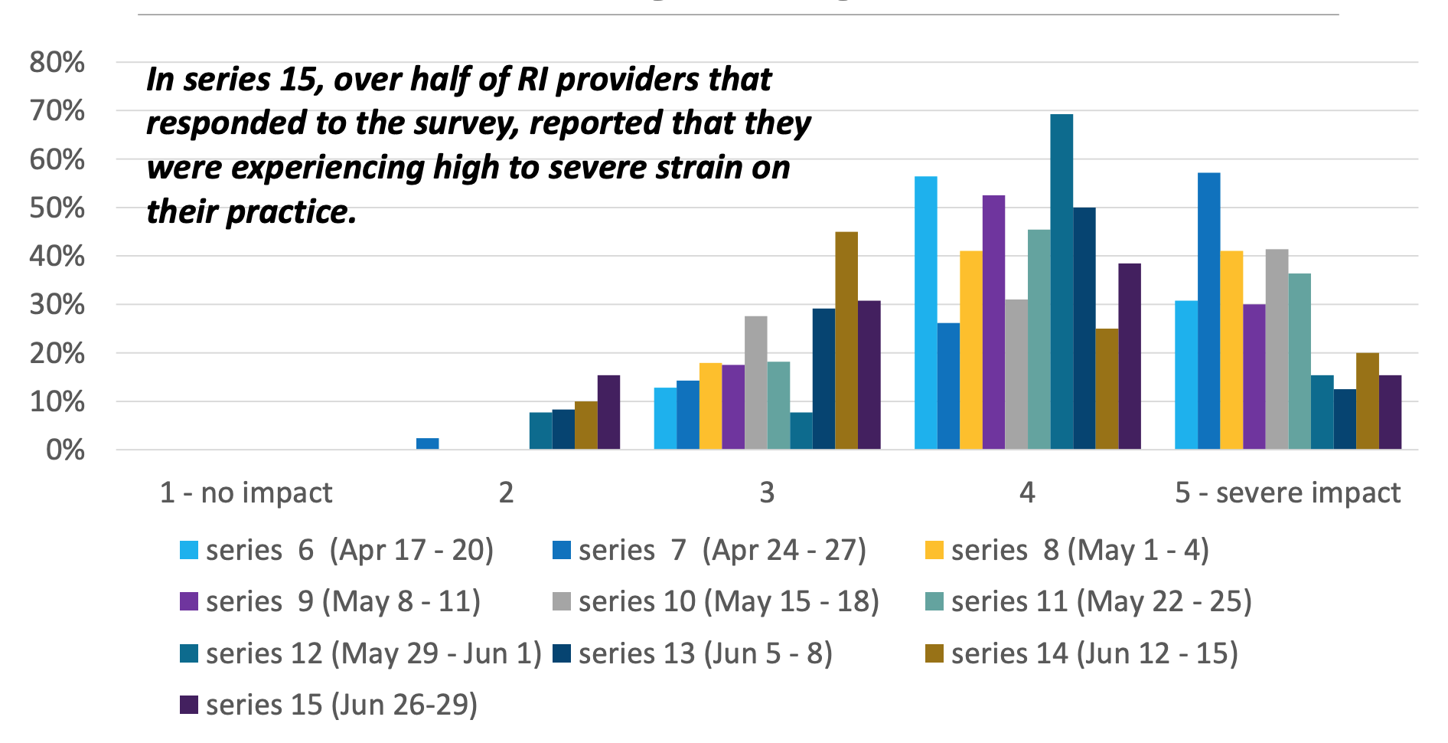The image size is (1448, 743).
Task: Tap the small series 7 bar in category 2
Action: pyautogui.click(x=427, y=444)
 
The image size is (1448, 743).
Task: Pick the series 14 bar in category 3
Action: pyautogui.click(x=846, y=340)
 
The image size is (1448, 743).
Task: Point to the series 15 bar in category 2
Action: pyautogui.click(x=608, y=412)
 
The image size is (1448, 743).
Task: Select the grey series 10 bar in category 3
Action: pyautogui.click(x=755, y=382)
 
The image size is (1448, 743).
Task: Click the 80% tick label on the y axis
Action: pyautogui.click(x=57, y=62)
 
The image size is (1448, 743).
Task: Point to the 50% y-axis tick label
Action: pyautogui.click(x=57, y=208)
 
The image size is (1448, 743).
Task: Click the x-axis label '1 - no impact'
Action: pyautogui.click(x=246, y=493)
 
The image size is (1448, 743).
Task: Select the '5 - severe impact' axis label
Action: pyautogui.click(x=1287, y=493)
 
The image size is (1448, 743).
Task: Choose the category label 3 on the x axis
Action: pyautogui.click(x=767, y=493)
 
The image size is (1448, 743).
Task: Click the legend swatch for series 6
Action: pyautogui.click(x=188, y=550)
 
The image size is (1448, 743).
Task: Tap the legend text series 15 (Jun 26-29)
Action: pyautogui.click(x=341, y=705)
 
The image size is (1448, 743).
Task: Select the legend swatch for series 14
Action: pyautogui.click(x=934, y=653)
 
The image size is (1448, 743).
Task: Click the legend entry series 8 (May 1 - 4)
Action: pyautogui.click(x=1079, y=550)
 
